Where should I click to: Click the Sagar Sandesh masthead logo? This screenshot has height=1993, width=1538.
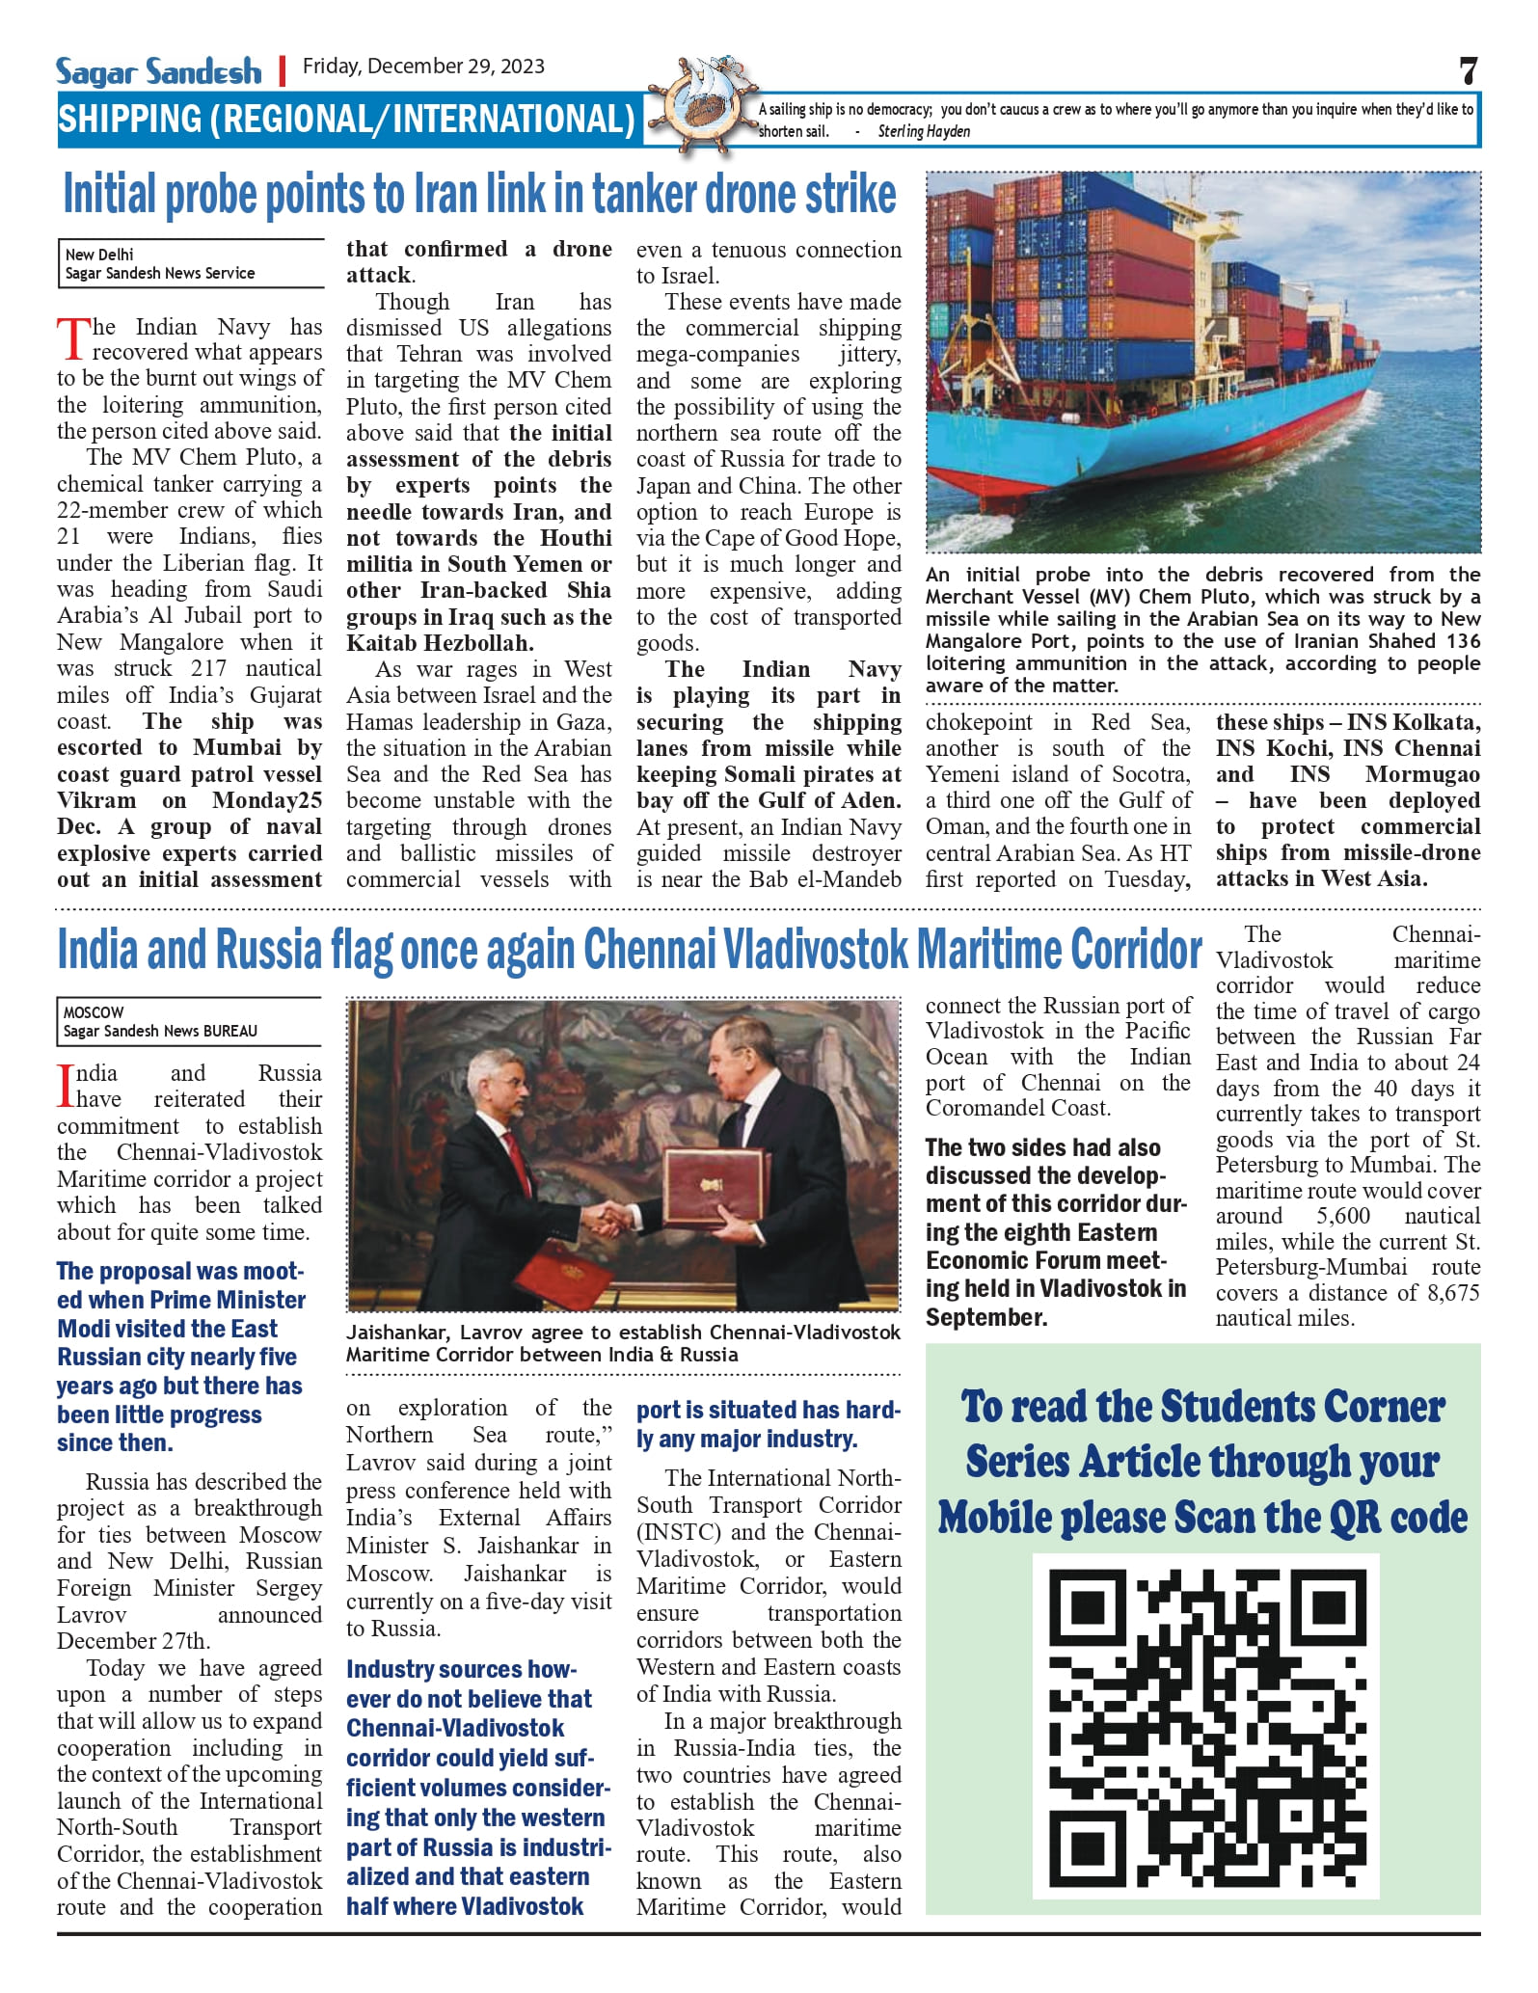click(158, 71)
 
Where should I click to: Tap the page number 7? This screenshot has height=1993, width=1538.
click(1468, 70)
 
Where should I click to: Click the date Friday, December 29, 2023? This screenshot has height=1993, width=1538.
click(423, 67)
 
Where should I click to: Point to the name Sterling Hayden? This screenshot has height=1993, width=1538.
click(923, 131)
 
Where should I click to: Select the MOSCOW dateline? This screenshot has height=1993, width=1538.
click(94, 1012)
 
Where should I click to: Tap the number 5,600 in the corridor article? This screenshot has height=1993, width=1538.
click(1342, 1216)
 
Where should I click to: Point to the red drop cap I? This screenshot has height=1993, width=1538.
click(66, 1086)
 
